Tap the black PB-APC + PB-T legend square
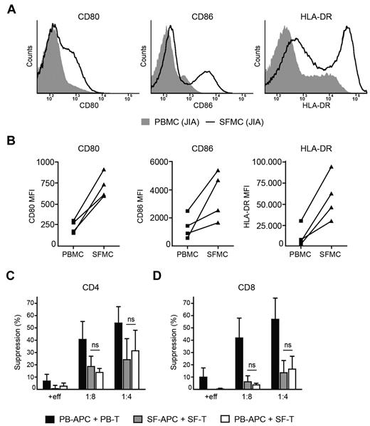tap(50, 413)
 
